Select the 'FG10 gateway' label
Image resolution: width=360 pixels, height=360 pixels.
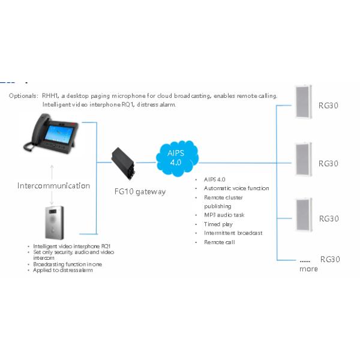click(140, 192)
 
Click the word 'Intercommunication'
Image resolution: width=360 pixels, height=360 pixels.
click(53, 185)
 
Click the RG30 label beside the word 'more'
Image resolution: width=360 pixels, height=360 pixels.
click(330, 259)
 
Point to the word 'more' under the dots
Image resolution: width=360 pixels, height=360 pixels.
click(309, 269)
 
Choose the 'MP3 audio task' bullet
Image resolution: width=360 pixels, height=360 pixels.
click(224, 215)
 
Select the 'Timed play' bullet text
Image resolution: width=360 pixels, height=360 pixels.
click(218, 224)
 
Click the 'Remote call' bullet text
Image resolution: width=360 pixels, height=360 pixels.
click(219, 242)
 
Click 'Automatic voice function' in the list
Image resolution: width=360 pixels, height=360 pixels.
click(236, 188)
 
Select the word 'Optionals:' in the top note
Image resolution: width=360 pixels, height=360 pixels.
click(23, 96)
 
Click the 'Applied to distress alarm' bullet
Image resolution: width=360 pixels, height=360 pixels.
click(63, 271)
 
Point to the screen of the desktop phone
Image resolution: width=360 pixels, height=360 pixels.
click(59, 131)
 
